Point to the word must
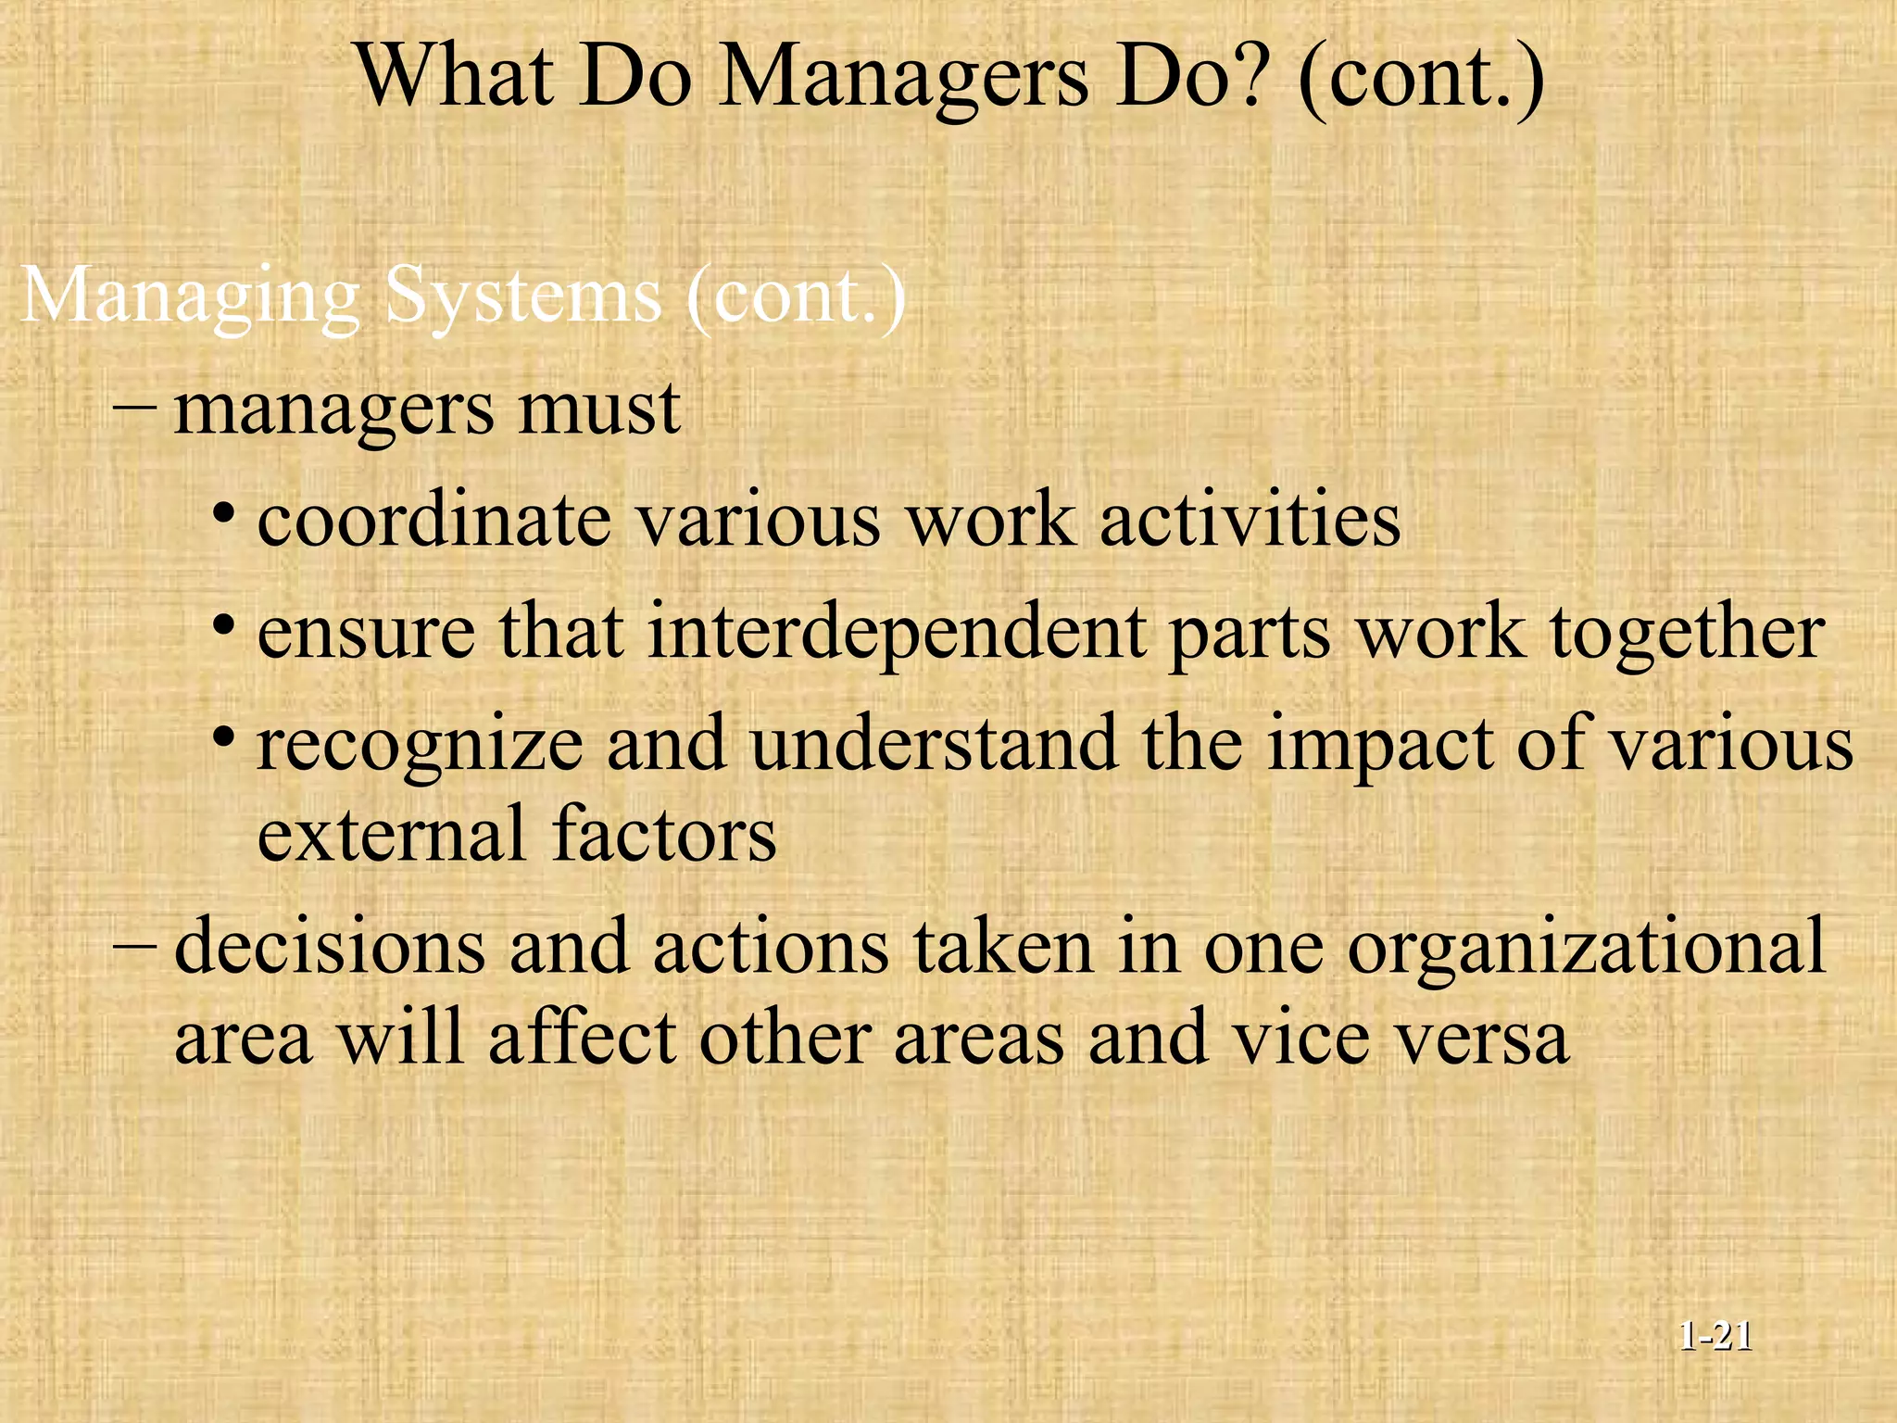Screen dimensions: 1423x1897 pyautogui.click(x=599, y=409)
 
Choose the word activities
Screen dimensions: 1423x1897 pyautogui.click(x=1250, y=521)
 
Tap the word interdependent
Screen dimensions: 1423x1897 pyautogui.click(x=896, y=634)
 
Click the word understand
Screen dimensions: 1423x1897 pyautogui.click(x=934, y=744)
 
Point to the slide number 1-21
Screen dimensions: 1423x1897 pyautogui.click(x=1715, y=1337)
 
